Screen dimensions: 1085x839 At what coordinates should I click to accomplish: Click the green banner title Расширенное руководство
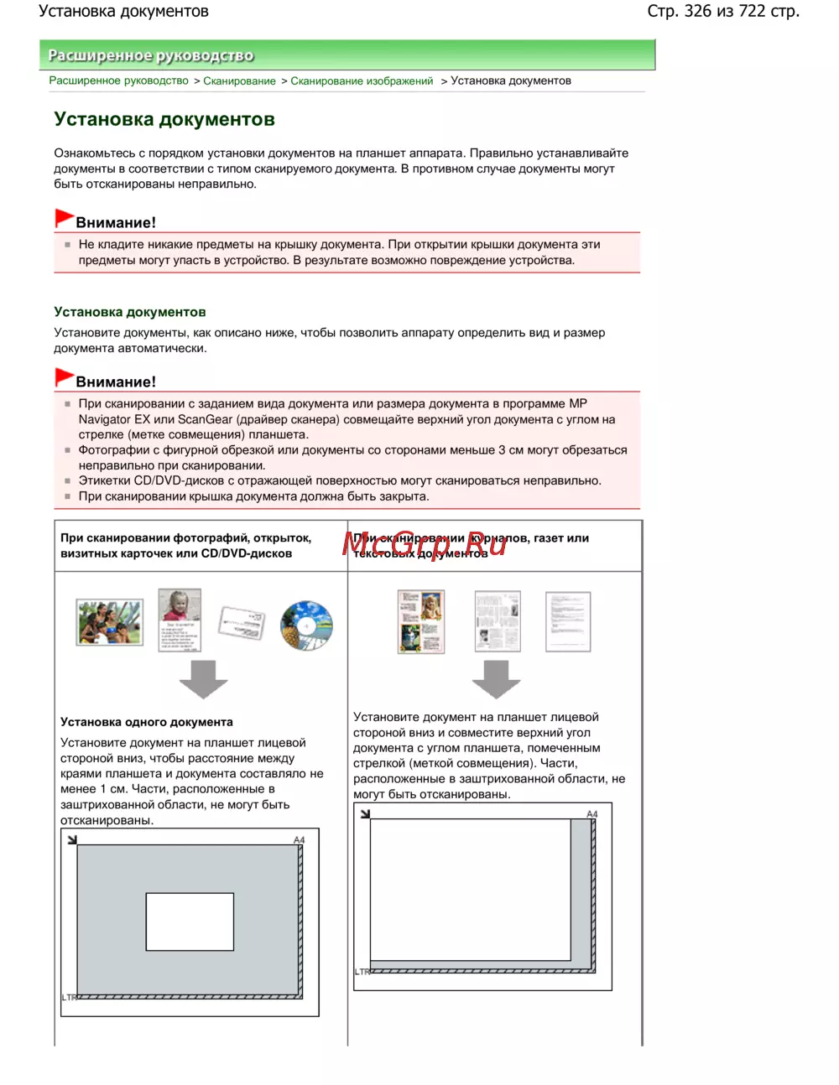[150, 55]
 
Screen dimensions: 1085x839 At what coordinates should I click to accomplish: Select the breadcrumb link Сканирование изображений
[362, 80]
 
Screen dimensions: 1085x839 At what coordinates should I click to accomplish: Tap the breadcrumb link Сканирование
[239, 80]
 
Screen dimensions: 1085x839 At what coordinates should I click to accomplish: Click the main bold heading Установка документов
[164, 119]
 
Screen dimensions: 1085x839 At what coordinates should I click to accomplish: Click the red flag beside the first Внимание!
[64, 218]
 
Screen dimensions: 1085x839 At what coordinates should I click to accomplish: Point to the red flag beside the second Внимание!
[64, 377]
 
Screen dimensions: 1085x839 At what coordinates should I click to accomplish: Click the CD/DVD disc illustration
[306, 625]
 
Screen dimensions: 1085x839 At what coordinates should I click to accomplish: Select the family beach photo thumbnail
[109, 621]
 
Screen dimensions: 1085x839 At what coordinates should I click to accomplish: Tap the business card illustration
[242, 622]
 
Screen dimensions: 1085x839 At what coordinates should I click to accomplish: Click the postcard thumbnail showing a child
[180, 620]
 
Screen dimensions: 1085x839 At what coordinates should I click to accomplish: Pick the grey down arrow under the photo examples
[203, 678]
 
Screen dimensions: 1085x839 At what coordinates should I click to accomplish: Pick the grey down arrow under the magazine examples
[496, 678]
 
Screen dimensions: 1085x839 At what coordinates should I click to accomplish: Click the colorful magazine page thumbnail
[421, 621]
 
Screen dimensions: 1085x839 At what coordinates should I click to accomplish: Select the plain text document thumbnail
[568, 621]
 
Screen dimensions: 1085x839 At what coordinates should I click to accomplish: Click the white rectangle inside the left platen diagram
[190, 921]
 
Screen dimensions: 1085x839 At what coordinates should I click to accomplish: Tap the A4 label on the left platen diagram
[300, 840]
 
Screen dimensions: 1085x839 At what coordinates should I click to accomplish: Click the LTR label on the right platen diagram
[362, 972]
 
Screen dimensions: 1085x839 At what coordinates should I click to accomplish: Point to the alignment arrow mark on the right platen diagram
[365, 813]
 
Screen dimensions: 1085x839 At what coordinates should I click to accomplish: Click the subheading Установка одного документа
[147, 722]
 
